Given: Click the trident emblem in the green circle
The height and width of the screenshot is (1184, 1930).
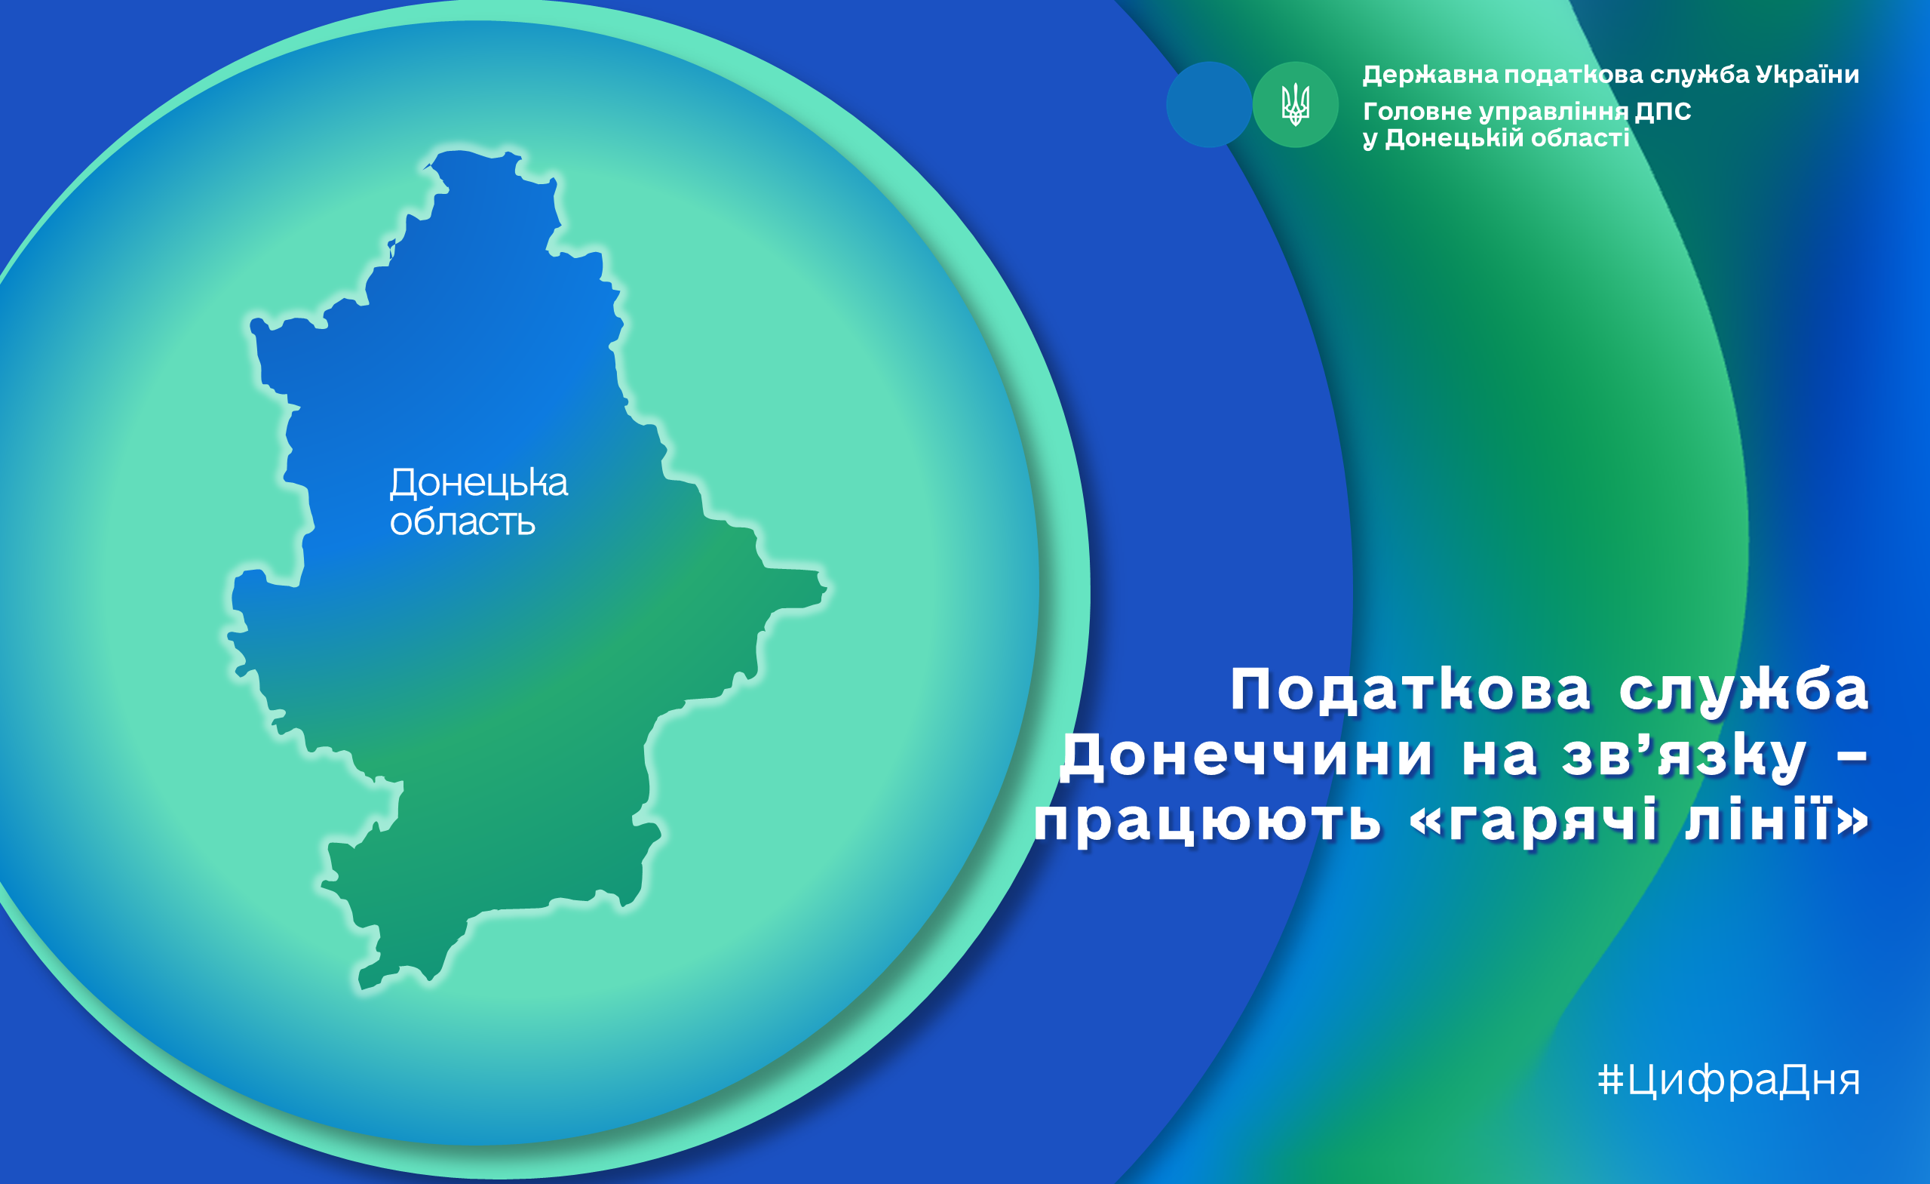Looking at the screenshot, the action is coord(1295,104).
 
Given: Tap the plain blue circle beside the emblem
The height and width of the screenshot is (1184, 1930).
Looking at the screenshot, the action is coord(1208,104).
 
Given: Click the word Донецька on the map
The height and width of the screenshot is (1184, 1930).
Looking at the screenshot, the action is coord(479,484).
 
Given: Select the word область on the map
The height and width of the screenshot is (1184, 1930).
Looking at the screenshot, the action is coord(463,521).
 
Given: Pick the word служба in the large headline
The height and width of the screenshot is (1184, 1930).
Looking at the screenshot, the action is coord(1744,690).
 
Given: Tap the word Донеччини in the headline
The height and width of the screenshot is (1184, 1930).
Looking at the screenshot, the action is coord(1246,756).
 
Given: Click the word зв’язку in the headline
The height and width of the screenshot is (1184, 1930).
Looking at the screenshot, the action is coord(1684,756).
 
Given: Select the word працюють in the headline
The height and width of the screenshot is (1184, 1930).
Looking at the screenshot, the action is coord(1207,822).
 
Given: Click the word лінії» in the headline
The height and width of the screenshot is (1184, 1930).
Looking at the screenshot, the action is coord(1777,817).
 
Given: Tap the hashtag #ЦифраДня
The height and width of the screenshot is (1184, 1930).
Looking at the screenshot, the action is coord(1729,1081).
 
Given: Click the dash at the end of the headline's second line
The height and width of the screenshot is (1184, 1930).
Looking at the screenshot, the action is coord(1852,757).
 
